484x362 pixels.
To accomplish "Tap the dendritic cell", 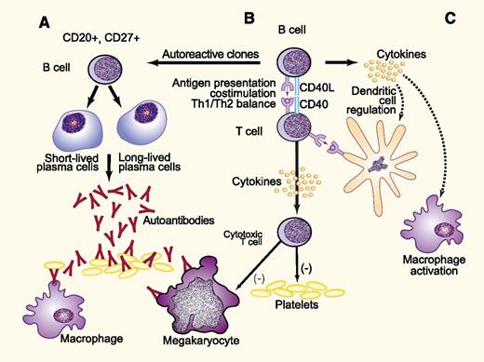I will [x=371, y=164].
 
